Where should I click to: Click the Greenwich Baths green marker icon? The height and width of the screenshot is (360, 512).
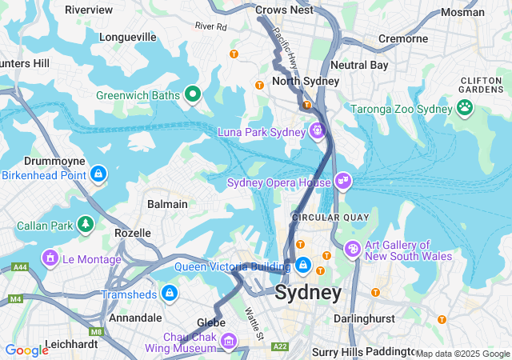pyautogui.click(x=192, y=95)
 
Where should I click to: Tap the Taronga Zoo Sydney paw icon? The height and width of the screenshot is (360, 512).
pyautogui.click(x=465, y=107)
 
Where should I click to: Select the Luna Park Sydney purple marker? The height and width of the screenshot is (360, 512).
pyautogui.click(x=318, y=130)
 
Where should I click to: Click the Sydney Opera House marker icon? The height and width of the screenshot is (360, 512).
pyautogui.click(x=343, y=181)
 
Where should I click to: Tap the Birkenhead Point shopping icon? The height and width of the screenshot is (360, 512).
pyautogui.click(x=98, y=173)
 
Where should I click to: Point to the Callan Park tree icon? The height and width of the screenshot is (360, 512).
pyautogui.click(x=85, y=224)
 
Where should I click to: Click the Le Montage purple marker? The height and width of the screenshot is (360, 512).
pyautogui.click(x=50, y=258)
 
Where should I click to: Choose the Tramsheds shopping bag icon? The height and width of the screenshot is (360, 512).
pyautogui.click(x=169, y=294)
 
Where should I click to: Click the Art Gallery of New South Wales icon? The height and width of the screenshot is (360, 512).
pyautogui.click(x=352, y=250)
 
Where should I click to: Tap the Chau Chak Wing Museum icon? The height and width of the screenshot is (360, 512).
pyautogui.click(x=229, y=342)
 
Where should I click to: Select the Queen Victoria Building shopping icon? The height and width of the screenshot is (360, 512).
pyautogui.click(x=303, y=265)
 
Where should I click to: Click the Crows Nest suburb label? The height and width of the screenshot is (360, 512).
pyautogui.click(x=285, y=10)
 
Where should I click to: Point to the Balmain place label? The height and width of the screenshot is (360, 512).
pyautogui.click(x=167, y=204)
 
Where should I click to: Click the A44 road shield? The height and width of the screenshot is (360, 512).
pyautogui.click(x=20, y=266)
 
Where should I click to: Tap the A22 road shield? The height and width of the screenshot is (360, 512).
pyautogui.click(x=280, y=346)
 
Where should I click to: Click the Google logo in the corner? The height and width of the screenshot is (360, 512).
pyautogui.click(x=27, y=350)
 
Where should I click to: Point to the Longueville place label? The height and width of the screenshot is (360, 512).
pyautogui.click(x=128, y=37)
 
